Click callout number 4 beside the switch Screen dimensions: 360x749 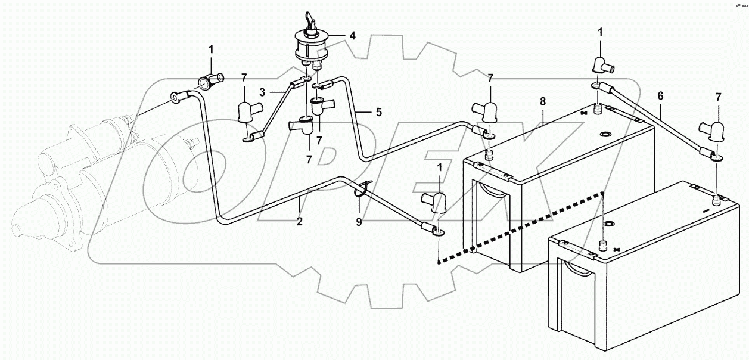(353, 36)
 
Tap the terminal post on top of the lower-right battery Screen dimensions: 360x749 (602, 245)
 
